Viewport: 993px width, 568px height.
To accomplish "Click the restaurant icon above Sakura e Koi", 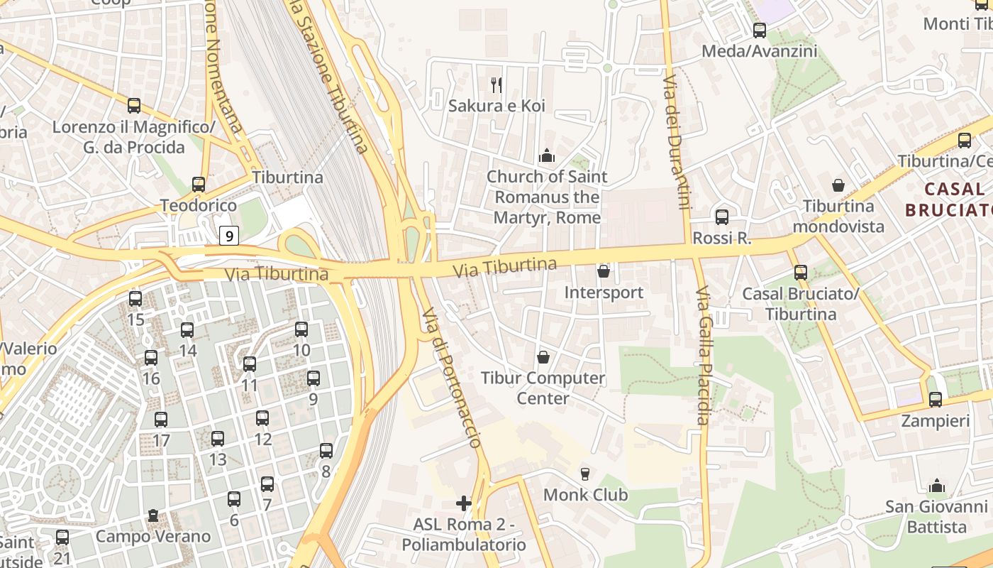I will tap(496, 85).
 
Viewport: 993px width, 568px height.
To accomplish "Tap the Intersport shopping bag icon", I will tap(604, 271).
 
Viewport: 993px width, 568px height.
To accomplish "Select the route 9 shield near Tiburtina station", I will tap(228, 235).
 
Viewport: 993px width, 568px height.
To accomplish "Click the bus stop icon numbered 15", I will tap(135, 299).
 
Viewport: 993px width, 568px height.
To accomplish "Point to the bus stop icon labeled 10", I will tap(301, 329).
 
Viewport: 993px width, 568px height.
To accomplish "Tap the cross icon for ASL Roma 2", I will tap(464, 503).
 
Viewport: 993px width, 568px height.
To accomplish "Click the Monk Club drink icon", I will tap(585, 474).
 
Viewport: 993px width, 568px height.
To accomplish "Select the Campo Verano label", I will tap(153, 536).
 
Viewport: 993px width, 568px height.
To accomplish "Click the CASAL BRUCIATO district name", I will tap(949, 200).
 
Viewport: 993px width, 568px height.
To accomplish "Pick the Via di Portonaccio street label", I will tap(452, 377).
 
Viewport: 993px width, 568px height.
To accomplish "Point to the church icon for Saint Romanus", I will tap(547, 155).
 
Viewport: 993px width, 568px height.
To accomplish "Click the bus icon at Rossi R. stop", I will tap(722, 217).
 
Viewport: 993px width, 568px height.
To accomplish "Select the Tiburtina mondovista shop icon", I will tap(838, 185).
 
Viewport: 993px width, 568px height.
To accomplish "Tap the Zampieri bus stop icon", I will tap(936, 400).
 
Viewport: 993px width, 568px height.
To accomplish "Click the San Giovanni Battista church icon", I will tap(937, 486).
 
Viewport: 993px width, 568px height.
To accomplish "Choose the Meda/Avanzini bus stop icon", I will tap(760, 31).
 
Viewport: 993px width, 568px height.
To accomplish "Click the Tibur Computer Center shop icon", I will tap(543, 356).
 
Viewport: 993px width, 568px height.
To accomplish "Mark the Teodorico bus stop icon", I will tap(199, 185).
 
